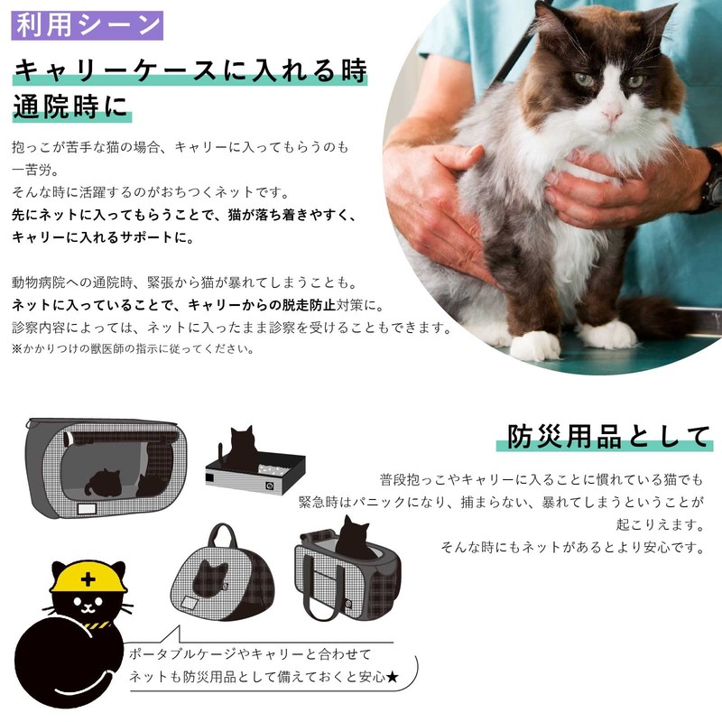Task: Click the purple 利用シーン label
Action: coord(88,24)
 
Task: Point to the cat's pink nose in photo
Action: coord(612,115)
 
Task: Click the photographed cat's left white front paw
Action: coord(535,344)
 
